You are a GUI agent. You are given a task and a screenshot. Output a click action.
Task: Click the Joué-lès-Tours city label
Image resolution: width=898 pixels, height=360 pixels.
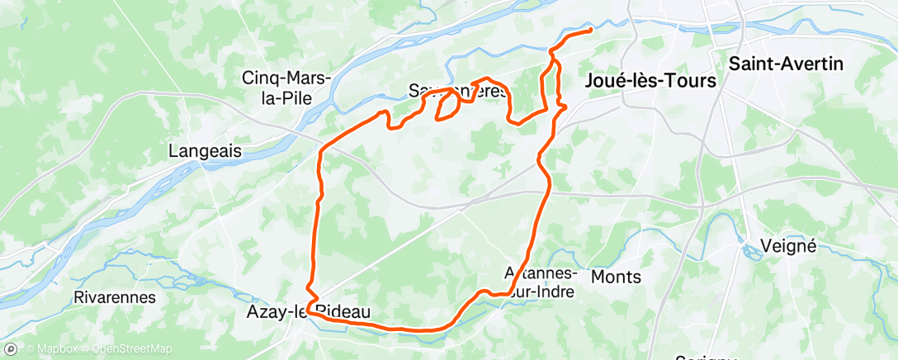pos(649,81)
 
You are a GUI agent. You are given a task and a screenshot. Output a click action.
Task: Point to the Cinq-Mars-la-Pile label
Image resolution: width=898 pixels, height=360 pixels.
pos(286,87)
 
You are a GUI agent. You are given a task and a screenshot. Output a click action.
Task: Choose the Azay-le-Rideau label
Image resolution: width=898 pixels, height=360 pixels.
pos(306,311)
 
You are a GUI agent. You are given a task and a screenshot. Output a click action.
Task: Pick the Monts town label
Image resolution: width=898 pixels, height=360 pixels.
pos(616,277)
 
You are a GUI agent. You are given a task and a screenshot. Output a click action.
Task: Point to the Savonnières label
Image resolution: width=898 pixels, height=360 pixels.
pos(457,90)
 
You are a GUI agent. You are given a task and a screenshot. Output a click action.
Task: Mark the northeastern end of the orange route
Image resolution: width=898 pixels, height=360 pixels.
pos(592,31)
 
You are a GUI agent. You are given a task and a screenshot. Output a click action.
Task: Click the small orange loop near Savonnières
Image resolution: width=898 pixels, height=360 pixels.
pos(447,105)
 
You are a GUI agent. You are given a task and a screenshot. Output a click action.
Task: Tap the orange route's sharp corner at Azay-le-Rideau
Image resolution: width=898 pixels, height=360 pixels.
pos(309,310)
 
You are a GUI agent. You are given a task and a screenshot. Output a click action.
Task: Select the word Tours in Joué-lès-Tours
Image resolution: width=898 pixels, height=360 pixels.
pos(687,81)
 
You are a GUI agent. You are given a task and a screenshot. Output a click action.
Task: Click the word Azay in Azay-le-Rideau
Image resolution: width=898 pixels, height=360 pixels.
pos(265,311)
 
